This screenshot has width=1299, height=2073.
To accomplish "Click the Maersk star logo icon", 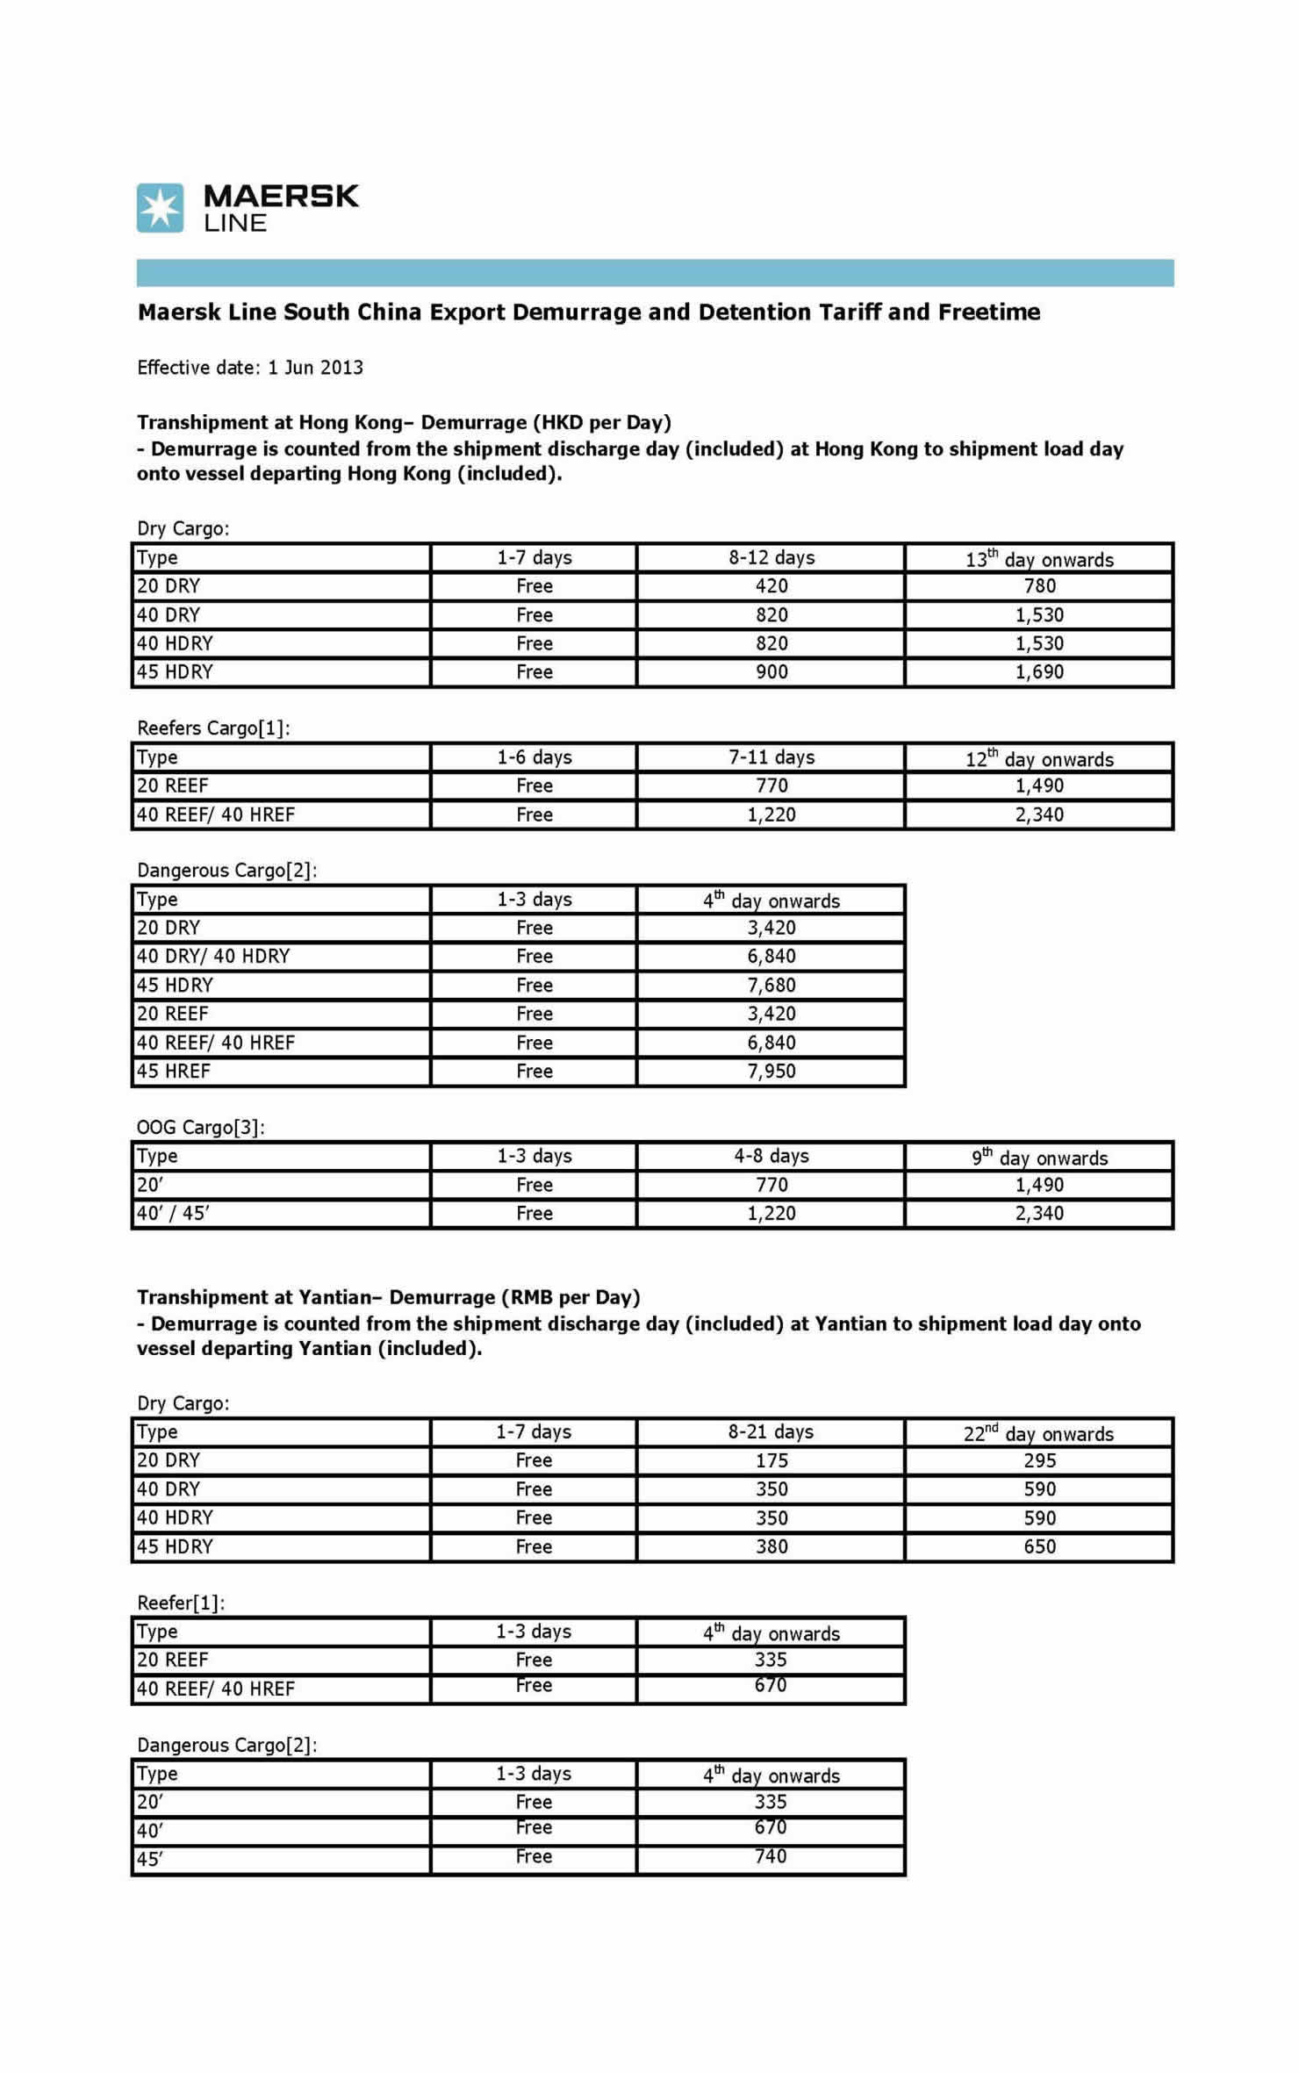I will [160, 208].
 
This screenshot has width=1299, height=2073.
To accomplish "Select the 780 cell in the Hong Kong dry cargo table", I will [1039, 586].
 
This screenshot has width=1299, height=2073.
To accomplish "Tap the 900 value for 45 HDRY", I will [772, 672].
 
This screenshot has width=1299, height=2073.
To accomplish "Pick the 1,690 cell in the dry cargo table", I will [1039, 672].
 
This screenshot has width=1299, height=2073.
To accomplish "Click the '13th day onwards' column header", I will [1039, 559].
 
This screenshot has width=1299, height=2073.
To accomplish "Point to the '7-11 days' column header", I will [772, 757].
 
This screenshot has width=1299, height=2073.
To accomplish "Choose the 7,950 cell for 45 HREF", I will [772, 1072].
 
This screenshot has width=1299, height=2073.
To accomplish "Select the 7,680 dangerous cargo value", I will [772, 986].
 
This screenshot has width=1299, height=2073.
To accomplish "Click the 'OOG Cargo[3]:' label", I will [201, 1128].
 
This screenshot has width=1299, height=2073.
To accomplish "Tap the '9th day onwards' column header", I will [1039, 1158].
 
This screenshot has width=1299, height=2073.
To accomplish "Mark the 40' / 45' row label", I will [174, 1214].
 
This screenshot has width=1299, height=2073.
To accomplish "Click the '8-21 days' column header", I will [771, 1432].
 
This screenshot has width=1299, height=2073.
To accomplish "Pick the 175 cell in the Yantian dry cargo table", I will [772, 1461].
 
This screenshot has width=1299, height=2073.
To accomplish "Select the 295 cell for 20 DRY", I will [1039, 1461].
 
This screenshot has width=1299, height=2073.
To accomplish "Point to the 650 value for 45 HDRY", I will [1039, 1546].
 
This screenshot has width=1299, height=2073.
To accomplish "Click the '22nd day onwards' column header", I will [1039, 1434].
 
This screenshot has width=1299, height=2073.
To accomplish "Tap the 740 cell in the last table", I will [771, 1857].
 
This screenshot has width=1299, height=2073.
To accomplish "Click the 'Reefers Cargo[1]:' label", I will [213, 728].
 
